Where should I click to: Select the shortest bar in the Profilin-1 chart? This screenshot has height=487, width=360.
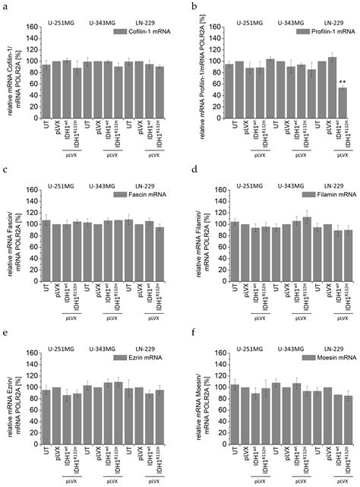click(x=343, y=100)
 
